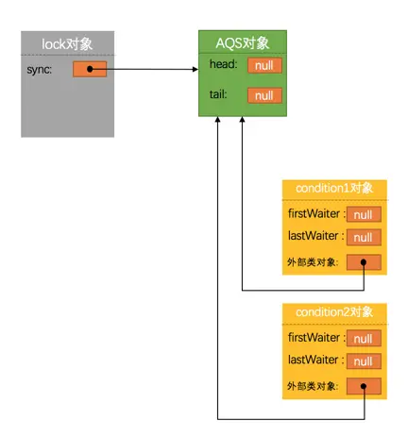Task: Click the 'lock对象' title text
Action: (68, 43)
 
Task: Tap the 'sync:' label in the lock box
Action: (41, 69)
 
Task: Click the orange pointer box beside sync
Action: (90, 69)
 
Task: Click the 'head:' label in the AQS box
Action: (225, 64)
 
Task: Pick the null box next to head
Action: (263, 65)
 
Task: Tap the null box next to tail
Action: (263, 95)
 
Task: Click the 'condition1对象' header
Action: (334, 188)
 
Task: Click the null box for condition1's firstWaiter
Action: (364, 214)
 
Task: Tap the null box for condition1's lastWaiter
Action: (364, 237)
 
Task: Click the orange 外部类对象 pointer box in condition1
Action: (364, 262)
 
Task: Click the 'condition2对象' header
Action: (334, 312)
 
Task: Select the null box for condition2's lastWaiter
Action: (364, 361)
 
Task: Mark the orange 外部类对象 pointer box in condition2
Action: (364, 387)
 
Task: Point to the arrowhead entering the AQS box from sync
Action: (195, 69)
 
